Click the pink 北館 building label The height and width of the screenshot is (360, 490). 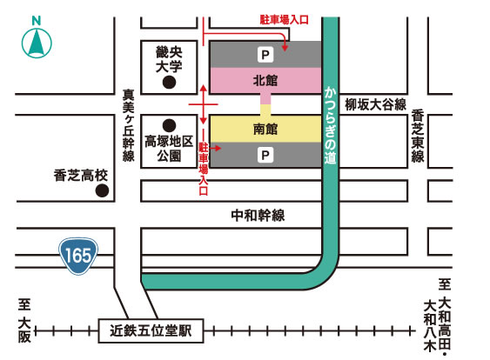265,80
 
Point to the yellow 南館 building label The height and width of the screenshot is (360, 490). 265,130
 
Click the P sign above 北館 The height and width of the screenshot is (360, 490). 265,54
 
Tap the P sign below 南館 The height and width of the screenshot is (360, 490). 265,155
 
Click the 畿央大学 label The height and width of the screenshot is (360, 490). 169,59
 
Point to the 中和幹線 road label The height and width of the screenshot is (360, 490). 258,214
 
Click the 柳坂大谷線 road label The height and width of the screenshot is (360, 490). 375,105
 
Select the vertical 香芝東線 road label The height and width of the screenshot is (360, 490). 418,137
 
